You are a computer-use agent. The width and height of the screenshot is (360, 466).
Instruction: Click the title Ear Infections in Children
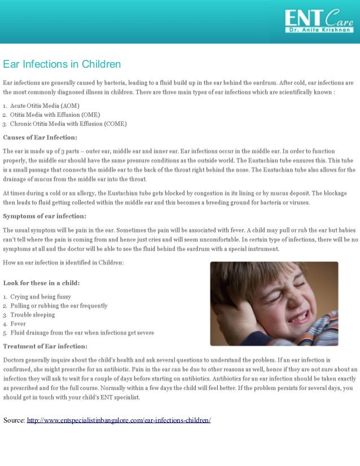pyautogui.click(x=62, y=64)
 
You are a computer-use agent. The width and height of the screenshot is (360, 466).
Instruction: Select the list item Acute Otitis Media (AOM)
pyautogui.click(x=45, y=105)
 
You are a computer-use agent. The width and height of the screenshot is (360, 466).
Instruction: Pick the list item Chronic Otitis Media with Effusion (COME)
pyautogui.click(x=68, y=124)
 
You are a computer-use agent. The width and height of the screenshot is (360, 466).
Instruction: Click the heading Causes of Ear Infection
pyautogui.click(x=40, y=137)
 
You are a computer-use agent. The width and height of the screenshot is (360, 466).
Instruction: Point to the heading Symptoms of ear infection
pyautogui.click(x=45, y=216)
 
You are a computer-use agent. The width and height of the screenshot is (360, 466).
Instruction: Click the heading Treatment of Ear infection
pyautogui.click(x=45, y=346)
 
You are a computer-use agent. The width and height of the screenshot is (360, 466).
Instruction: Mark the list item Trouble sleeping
pyautogui.click(x=32, y=315)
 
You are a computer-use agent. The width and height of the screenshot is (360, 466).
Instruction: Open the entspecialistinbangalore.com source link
pyautogui.click(x=118, y=420)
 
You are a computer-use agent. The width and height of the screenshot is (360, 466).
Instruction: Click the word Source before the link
pyautogui.click(x=14, y=420)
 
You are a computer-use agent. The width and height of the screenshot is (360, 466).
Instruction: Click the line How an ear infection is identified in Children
pyautogui.click(x=63, y=262)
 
